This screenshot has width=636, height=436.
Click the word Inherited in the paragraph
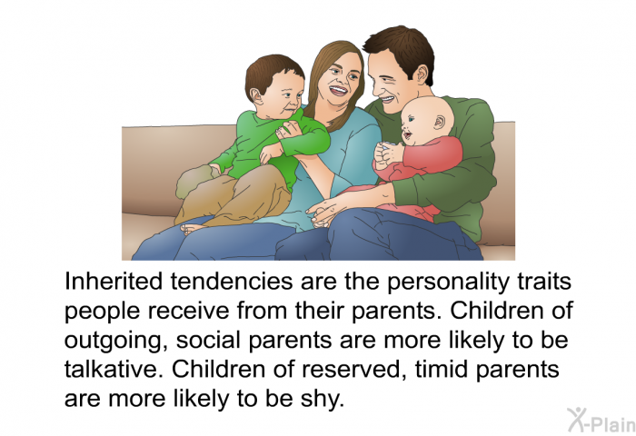[114, 281]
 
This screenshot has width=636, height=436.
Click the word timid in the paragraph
[441, 369]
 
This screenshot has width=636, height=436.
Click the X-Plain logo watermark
[601, 421]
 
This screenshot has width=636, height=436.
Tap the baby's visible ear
[439, 122]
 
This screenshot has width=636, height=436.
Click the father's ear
[422, 75]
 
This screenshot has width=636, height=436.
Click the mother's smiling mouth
[337, 90]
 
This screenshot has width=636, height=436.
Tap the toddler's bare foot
[194, 228]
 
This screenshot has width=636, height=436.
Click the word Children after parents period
[495, 311]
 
